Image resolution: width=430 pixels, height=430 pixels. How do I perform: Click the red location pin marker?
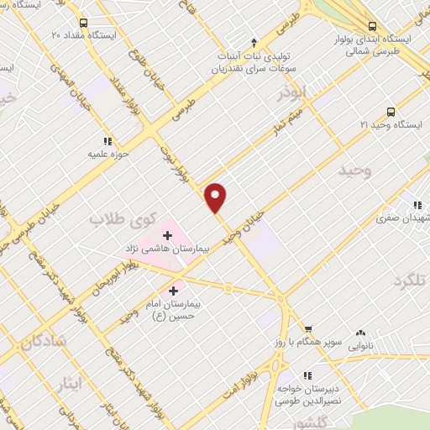pos(216,197)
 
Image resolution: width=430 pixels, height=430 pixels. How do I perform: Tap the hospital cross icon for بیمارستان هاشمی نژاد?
pos(168,234)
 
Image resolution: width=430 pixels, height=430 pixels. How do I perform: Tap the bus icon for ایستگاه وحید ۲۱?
pos(391,112)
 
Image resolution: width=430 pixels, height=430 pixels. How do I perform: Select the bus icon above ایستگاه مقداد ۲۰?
pos(82,24)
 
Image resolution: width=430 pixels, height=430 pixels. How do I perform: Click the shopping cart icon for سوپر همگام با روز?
pos(308,329)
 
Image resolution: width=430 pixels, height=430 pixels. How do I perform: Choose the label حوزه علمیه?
pos(106,155)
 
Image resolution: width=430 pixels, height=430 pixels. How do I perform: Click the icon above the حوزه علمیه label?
pos(107,142)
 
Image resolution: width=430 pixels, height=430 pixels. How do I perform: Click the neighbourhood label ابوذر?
pos(294,91)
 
